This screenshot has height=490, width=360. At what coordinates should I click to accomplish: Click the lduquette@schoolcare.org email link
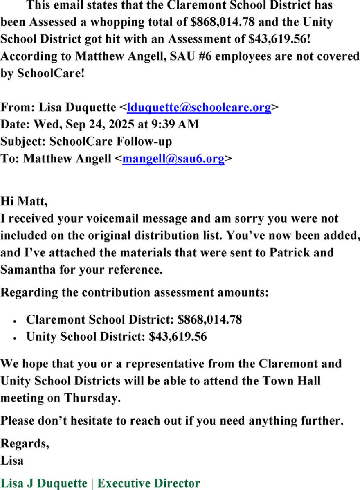(x=199, y=108)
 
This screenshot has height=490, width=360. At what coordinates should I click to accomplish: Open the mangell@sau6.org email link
(x=173, y=159)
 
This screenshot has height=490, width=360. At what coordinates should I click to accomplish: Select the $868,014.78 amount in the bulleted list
(x=210, y=319)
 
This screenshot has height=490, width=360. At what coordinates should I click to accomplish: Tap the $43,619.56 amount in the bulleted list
(x=178, y=337)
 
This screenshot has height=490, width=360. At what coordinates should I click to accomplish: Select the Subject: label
(x=23, y=142)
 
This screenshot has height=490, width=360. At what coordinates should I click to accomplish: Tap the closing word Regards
(x=25, y=444)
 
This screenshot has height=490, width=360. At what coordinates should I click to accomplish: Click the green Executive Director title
(x=149, y=483)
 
